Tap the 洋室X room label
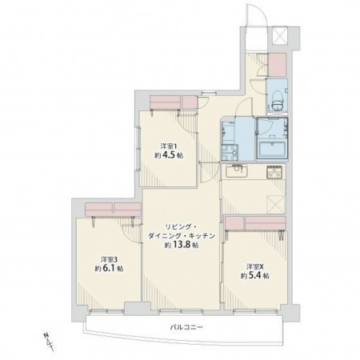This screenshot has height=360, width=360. point(254,266)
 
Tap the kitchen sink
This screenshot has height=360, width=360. point(237,171)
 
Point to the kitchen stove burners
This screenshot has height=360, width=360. point(274,170)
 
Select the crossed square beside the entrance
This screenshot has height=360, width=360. point(282,35)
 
